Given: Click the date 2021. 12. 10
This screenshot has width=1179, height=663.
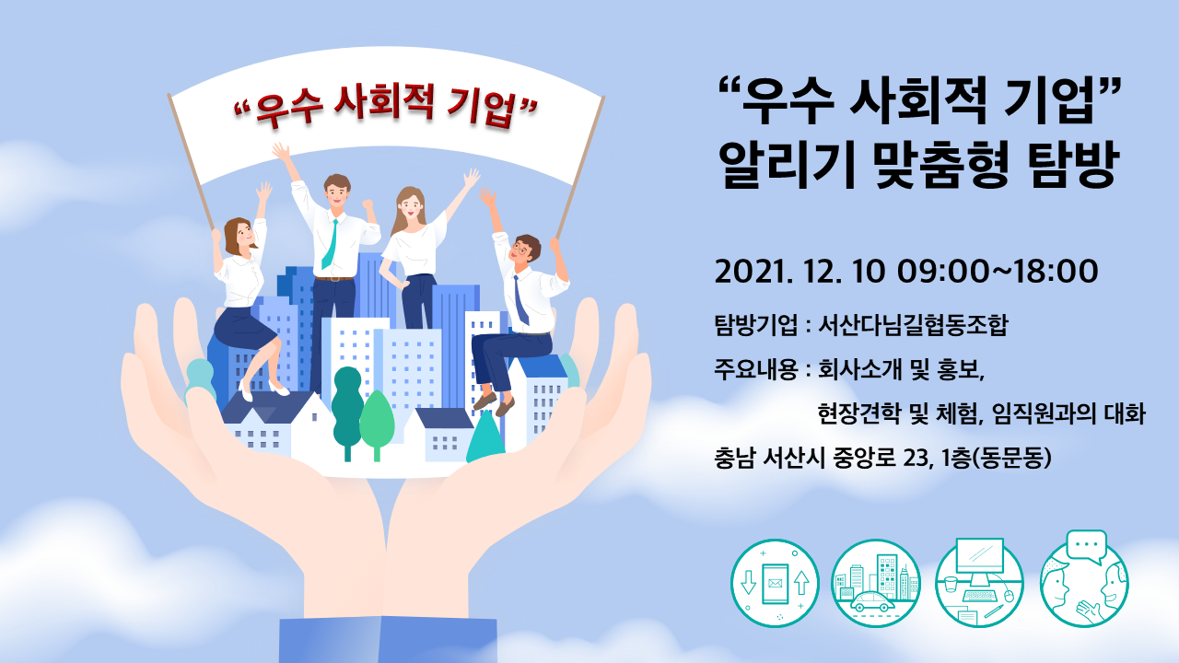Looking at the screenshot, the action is pyautogui.click(x=800, y=272).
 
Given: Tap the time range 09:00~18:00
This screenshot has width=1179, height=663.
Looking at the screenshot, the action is pyautogui.click(x=998, y=272).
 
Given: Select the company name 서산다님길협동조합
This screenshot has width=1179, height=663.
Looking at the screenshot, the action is pyautogui.click(x=913, y=325).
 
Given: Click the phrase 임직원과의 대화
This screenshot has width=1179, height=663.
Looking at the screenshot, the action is pyautogui.click(x=1068, y=414).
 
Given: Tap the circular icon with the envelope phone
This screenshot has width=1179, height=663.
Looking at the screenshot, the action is pyautogui.click(x=775, y=583).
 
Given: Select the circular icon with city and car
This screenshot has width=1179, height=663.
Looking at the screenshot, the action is pyautogui.click(x=876, y=583).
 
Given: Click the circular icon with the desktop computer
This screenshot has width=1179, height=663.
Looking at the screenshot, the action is pyautogui.click(x=979, y=583).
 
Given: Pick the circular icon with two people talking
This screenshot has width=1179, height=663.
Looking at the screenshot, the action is pyautogui.click(x=1084, y=579).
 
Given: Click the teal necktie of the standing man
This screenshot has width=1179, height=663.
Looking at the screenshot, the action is pyautogui.click(x=330, y=245).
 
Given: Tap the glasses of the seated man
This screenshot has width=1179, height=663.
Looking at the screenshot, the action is pyautogui.click(x=519, y=248).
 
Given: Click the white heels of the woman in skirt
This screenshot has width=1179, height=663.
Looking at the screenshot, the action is pyautogui.click(x=263, y=390).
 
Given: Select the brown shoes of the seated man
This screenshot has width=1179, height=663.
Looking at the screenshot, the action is pyautogui.click(x=494, y=404).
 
